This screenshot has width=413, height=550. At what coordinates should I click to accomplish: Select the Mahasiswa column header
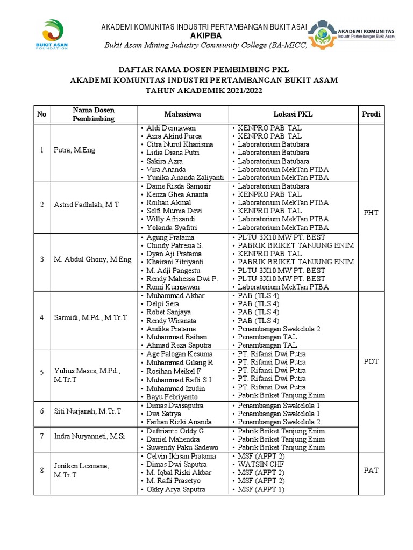point(183,114)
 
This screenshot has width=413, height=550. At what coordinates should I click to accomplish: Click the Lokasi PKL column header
point(294,114)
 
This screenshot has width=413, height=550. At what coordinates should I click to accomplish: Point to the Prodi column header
point(371,114)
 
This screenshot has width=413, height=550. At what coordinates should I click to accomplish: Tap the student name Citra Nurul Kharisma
point(180,144)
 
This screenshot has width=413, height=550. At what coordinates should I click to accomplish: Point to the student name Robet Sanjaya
point(168,312)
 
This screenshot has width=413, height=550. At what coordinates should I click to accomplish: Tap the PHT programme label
point(371,213)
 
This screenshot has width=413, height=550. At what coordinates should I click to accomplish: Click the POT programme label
point(371,361)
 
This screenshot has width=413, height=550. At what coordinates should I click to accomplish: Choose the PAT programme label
point(371,471)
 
